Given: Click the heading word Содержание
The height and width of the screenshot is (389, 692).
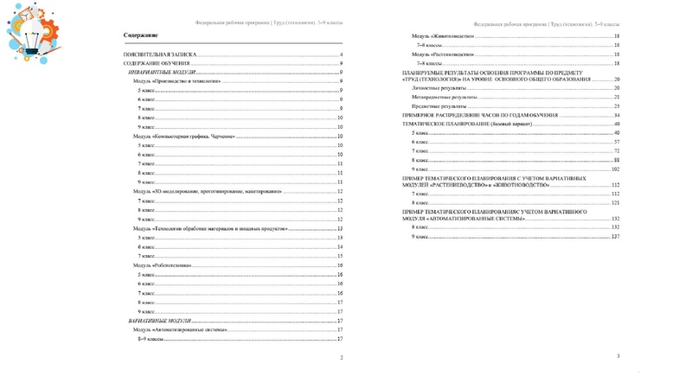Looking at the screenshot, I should coord(141,35).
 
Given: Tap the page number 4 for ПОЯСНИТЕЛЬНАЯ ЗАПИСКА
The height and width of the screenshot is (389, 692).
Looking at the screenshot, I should coord(342,54).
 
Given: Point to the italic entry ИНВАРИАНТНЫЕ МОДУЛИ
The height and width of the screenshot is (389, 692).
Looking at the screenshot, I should coord(164,73).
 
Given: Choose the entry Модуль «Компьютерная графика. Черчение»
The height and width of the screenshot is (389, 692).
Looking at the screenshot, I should coord(183,137).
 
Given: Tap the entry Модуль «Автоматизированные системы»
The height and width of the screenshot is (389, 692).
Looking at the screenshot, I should coord(180,330).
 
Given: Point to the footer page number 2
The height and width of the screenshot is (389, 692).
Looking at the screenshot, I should coord(341,357).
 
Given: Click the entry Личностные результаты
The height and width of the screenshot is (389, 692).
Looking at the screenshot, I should coord(437,88).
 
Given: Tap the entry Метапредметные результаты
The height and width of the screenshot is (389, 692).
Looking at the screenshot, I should coord(442,98).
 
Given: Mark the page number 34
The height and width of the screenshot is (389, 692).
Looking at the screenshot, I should coord(617,115).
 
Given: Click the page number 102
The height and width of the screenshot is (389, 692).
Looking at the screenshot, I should coord(616,169).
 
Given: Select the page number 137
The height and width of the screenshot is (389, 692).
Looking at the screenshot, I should coord(616,236).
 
